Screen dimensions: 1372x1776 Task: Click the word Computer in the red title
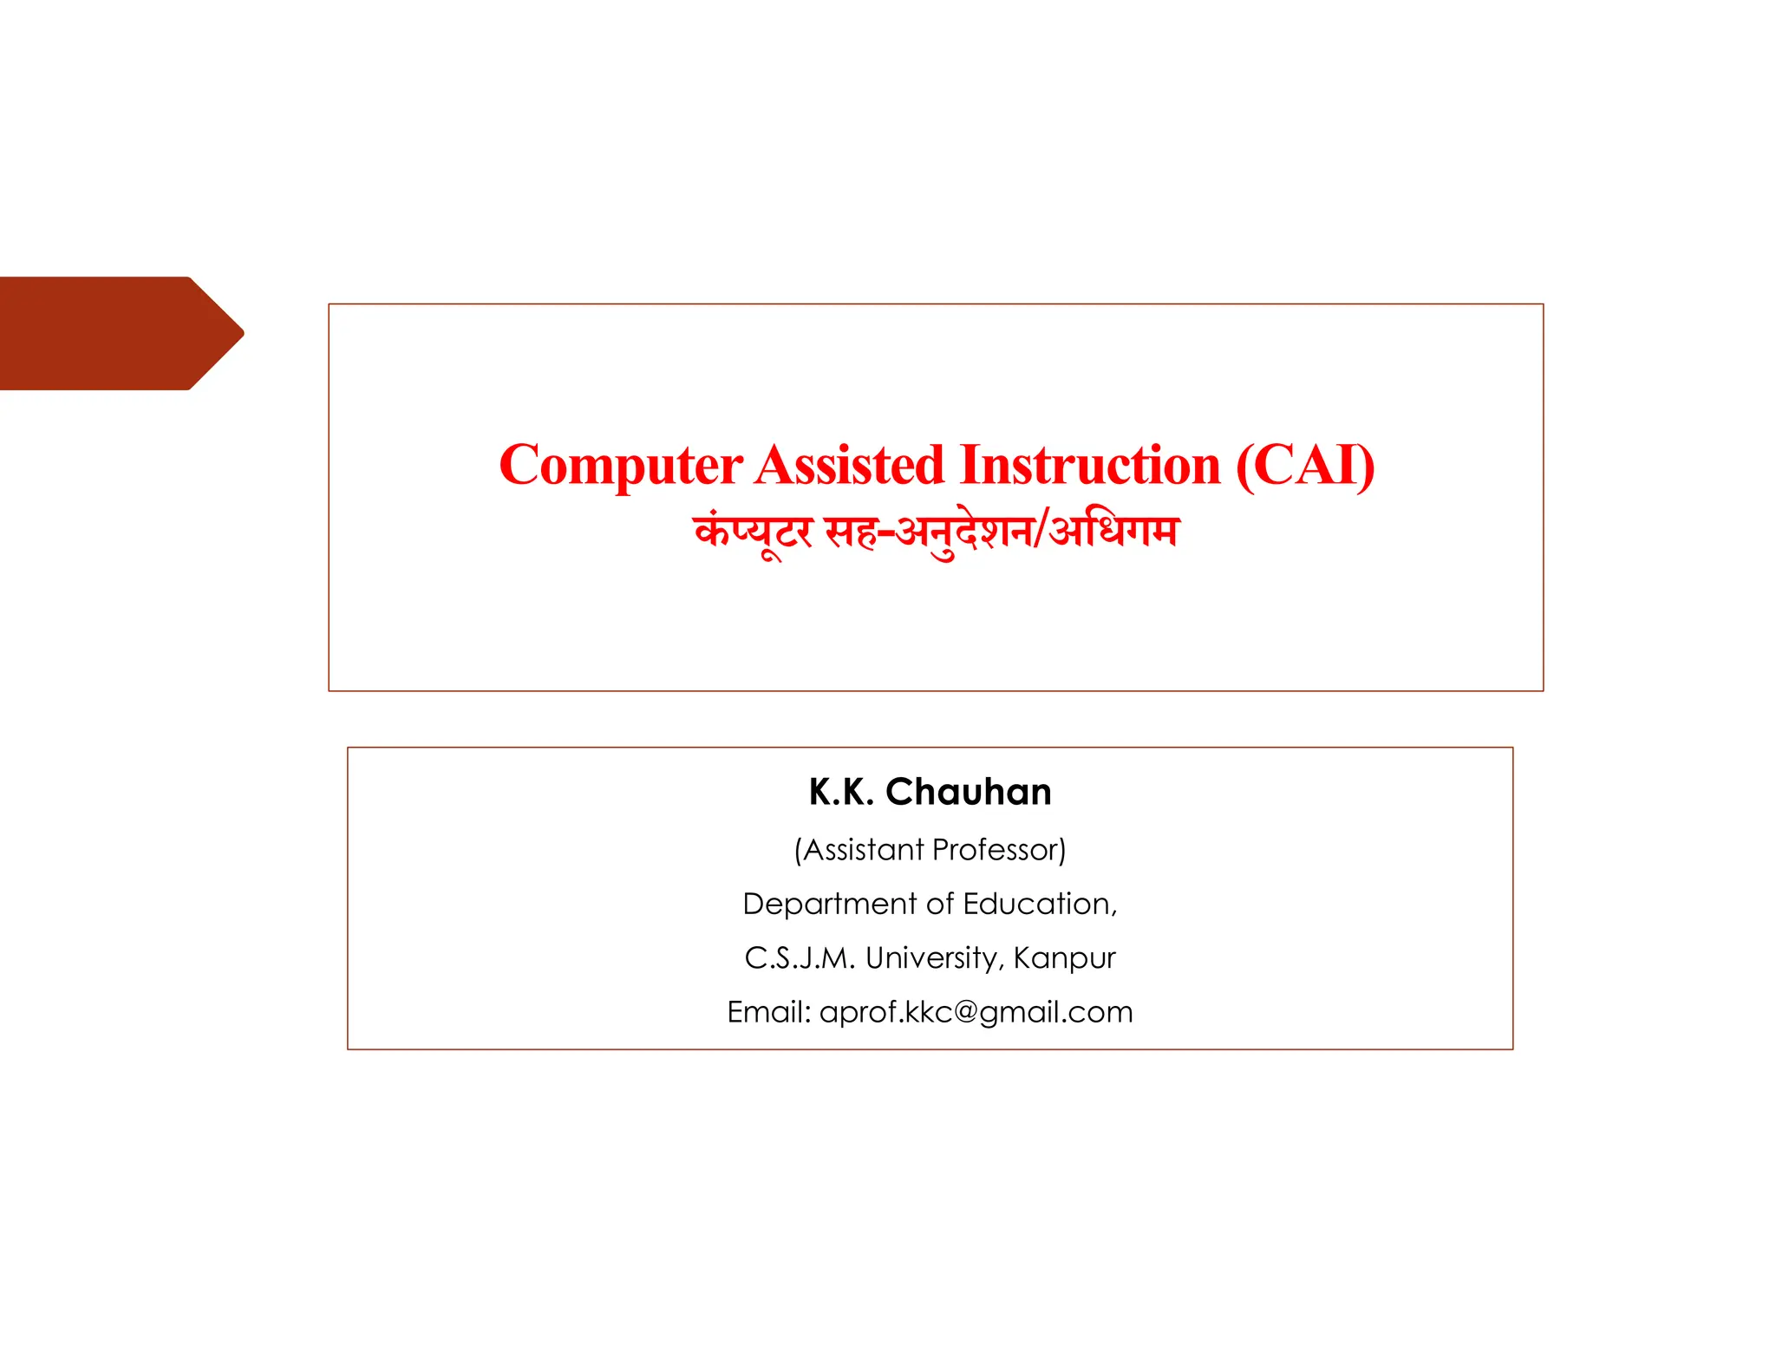[621, 466]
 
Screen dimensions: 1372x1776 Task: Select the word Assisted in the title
[849, 466]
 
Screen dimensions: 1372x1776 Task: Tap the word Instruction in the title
[1090, 466]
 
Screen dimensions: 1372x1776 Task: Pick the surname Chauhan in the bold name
[969, 792]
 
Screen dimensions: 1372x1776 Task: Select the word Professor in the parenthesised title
[999, 850]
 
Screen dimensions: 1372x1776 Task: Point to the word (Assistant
[859, 850]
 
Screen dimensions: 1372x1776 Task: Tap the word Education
[1039, 904]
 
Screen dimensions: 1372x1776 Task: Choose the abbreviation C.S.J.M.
[800, 958]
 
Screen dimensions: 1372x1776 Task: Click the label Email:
[768, 1012]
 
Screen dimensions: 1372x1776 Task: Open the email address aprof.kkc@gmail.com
[976, 1012]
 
